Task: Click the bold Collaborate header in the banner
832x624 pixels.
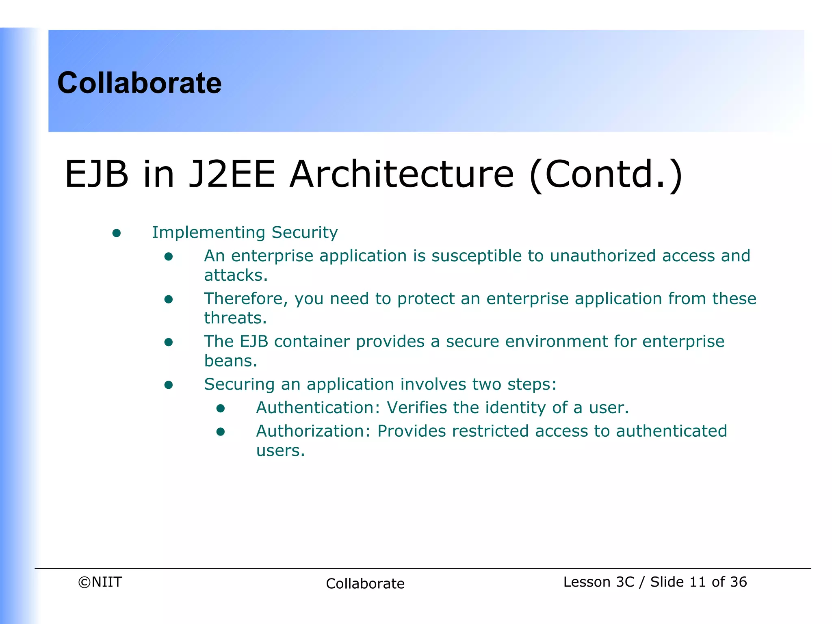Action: tap(139, 83)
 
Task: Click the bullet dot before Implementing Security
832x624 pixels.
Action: tap(117, 233)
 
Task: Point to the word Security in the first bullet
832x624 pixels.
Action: tap(304, 232)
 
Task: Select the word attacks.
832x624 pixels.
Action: tap(236, 275)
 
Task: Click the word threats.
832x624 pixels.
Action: tap(235, 318)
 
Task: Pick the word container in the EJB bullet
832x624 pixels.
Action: tap(312, 341)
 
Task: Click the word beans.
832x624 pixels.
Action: tap(230, 361)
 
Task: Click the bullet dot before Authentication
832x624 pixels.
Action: tap(221, 408)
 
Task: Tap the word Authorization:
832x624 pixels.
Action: tap(313, 431)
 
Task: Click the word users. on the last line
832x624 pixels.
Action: tap(280, 451)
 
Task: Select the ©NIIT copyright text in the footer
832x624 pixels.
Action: tap(100, 582)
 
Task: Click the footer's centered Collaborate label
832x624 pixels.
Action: tap(365, 583)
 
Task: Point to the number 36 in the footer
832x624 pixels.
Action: tap(738, 582)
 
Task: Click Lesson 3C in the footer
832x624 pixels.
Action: tap(598, 582)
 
